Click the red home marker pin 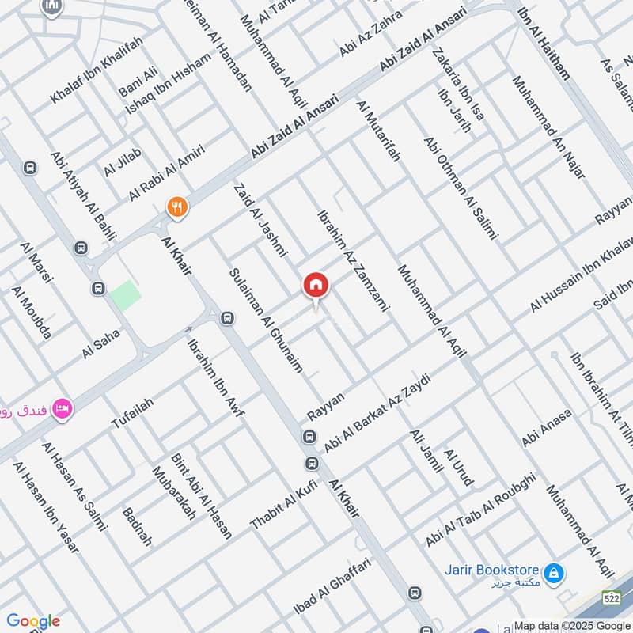315,285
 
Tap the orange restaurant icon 177,207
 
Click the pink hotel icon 62,408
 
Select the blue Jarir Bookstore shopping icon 555,571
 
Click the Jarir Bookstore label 502,570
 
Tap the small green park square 125,295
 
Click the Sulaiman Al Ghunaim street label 265,320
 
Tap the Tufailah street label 132,413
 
